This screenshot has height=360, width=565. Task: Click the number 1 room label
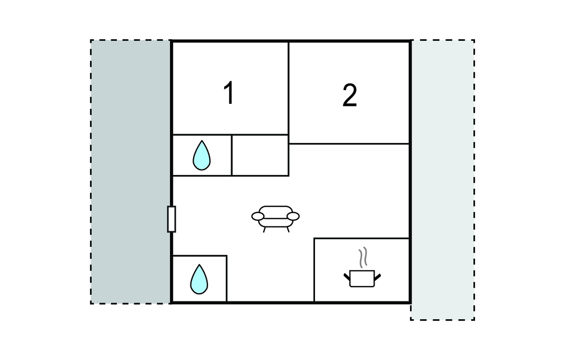click(x=229, y=93)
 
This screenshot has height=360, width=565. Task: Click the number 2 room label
click(x=349, y=95)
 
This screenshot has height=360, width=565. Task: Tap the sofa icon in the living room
click(x=275, y=219)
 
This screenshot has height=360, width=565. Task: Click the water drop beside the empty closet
click(x=201, y=156)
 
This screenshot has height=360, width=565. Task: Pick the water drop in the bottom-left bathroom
click(x=199, y=279)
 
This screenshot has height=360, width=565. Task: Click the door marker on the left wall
click(x=172, y=219)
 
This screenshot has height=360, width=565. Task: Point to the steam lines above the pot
click(x=363, y=257)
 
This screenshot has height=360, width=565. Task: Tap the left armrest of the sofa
click(x=258, y=216)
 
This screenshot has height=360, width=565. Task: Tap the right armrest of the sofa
click(x=293, y=216)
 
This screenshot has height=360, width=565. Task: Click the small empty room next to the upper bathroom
click(x=260, y=156)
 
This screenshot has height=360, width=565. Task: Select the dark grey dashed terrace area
click(x=130, y=172)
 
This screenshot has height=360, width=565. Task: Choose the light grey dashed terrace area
click(x=443, y=179)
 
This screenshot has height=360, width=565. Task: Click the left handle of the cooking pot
click(x=347, y=277)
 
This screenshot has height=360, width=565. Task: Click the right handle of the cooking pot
click(x=377, y=277)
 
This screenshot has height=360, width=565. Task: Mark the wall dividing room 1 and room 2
click(x=289, y=88)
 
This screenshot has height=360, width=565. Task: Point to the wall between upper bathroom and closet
click(x=231, y=156)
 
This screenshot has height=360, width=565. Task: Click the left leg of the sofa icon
click(x=264, y=230)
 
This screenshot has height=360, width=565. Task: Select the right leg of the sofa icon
click(x=288, y=230)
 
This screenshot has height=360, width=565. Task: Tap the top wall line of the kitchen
click(x=362, y=238)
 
